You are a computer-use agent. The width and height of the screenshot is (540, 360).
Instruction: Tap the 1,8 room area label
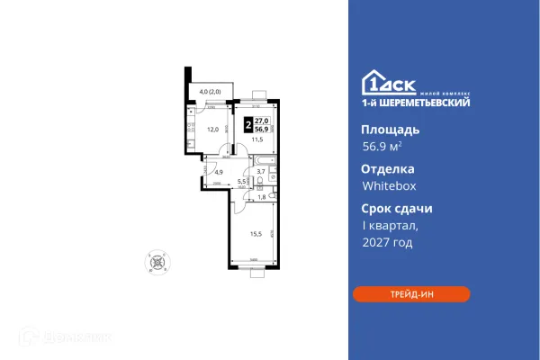point(261,196)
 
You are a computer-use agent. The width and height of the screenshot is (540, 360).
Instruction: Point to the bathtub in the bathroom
point(260,158)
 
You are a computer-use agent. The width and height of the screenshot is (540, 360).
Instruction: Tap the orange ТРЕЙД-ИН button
point(411,294)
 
